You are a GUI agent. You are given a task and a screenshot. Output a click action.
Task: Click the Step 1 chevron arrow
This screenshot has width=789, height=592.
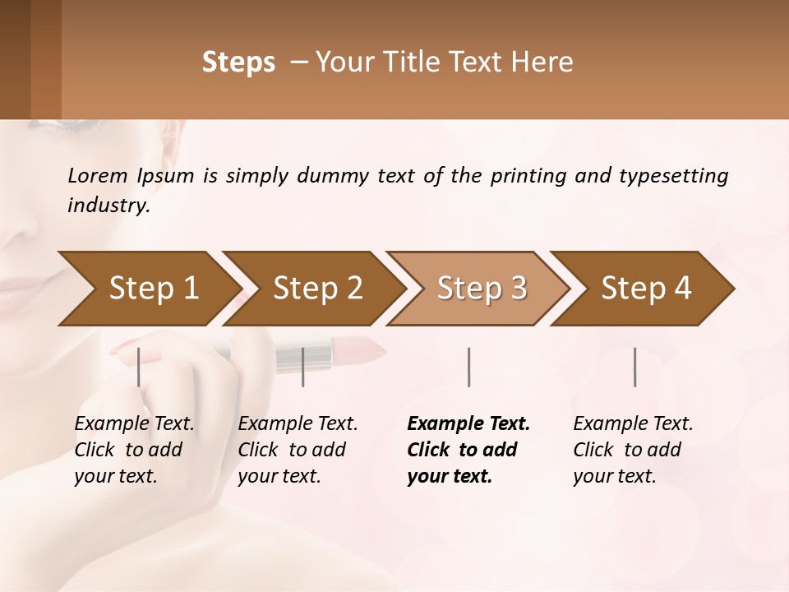(x=148, y=289)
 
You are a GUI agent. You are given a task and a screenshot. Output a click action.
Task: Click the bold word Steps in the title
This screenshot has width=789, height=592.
(x=238, y=62)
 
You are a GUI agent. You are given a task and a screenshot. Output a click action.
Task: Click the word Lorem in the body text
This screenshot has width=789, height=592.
(x=97, y=175)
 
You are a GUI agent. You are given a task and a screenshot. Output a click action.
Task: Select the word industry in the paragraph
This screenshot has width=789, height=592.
(x=108, y=205)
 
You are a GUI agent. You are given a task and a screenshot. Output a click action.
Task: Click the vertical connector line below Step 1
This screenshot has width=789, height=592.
(x=139, y=367)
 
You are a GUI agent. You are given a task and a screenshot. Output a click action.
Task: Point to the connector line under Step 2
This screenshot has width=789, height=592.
(x=303, y=367)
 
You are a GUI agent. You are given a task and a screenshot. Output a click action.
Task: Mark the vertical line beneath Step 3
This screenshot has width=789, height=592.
(x=468, y=367)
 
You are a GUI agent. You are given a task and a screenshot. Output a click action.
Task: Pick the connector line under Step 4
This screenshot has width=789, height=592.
(x=634, y=367)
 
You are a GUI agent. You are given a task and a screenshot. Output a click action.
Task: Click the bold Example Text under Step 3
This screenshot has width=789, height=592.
(x=468, y=424)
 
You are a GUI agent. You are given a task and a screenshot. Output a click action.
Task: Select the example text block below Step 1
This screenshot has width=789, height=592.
(x=135, y=450)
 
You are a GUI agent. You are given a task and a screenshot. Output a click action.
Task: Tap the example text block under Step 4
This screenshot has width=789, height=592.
(x=633, y=450)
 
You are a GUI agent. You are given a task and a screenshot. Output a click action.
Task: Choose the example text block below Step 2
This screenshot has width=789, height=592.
(x=298, y=450)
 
